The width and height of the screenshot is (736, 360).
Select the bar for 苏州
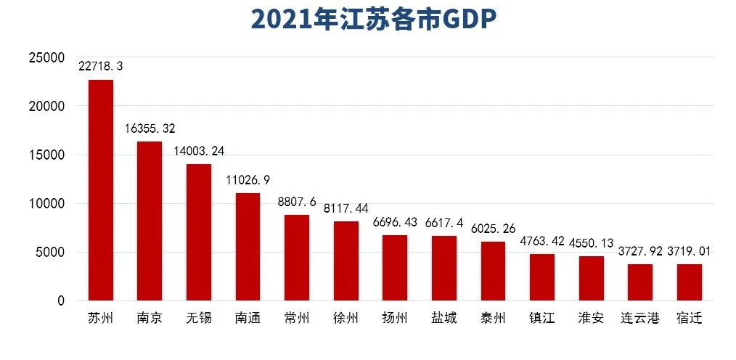100,190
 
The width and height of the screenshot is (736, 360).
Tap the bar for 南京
150,221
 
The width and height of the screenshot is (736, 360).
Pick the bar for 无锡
199,232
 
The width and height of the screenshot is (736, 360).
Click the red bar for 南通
248,247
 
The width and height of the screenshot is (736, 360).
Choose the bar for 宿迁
689,282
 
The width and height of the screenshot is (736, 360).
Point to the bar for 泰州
492,271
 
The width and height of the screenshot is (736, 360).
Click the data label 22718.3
101,66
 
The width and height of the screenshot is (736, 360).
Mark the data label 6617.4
443,222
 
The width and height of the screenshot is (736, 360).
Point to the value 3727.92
642,251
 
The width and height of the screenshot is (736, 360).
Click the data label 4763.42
541,240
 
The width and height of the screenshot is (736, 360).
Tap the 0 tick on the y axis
61,301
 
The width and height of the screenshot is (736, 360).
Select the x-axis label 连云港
639,319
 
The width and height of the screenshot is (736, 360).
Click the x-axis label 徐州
345,319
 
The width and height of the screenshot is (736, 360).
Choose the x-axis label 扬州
395,319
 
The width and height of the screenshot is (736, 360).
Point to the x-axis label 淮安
591,319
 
